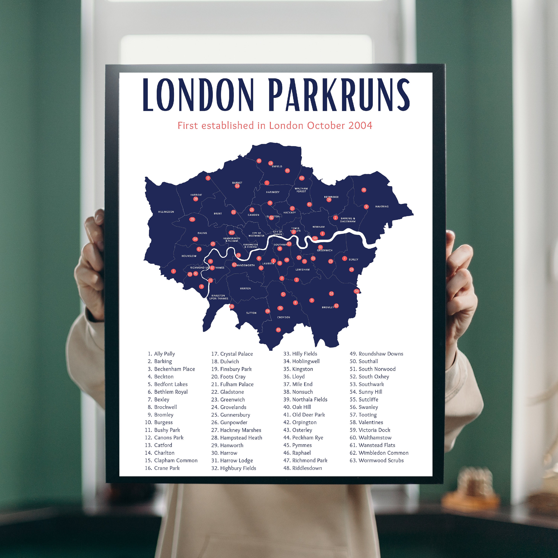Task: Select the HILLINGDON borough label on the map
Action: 166,212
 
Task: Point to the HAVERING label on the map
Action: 382,206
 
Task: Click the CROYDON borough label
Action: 284,317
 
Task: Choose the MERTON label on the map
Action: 245,288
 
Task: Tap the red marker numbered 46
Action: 364,190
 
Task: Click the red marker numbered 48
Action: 278,330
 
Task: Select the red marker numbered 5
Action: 173,271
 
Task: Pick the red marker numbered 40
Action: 259,161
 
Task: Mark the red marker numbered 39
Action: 192,219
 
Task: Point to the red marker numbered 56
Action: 356,291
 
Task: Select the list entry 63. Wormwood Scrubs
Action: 377,460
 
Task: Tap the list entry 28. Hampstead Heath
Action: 237,437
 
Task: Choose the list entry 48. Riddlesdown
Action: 302,468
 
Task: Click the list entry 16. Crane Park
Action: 162,468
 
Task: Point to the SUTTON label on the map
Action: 251,313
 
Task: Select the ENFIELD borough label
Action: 277,166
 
